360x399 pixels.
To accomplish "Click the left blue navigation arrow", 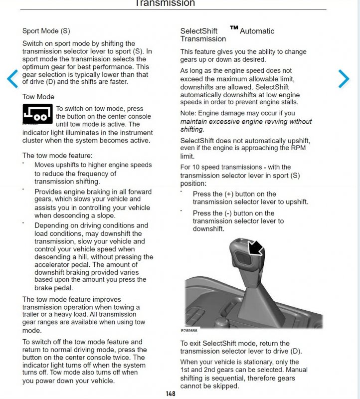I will [12, 78].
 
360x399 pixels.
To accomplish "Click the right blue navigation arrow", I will [344, 78].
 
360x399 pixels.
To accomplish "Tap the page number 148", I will [171, 394].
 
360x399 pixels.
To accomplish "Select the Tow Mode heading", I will [38, 97].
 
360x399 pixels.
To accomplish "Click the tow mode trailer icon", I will [37, 114].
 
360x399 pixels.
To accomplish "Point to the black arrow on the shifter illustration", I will [255, 247].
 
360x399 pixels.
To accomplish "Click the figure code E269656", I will [189, 331].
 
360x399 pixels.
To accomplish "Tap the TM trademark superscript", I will [234, 28].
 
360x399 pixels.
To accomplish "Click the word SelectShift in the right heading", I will [198, 31].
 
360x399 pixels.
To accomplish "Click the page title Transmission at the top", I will [165, 3].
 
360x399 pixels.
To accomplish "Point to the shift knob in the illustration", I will [247, 254].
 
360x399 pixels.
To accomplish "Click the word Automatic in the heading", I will [257, 31].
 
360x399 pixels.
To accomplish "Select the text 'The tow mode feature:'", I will [57, 156].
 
